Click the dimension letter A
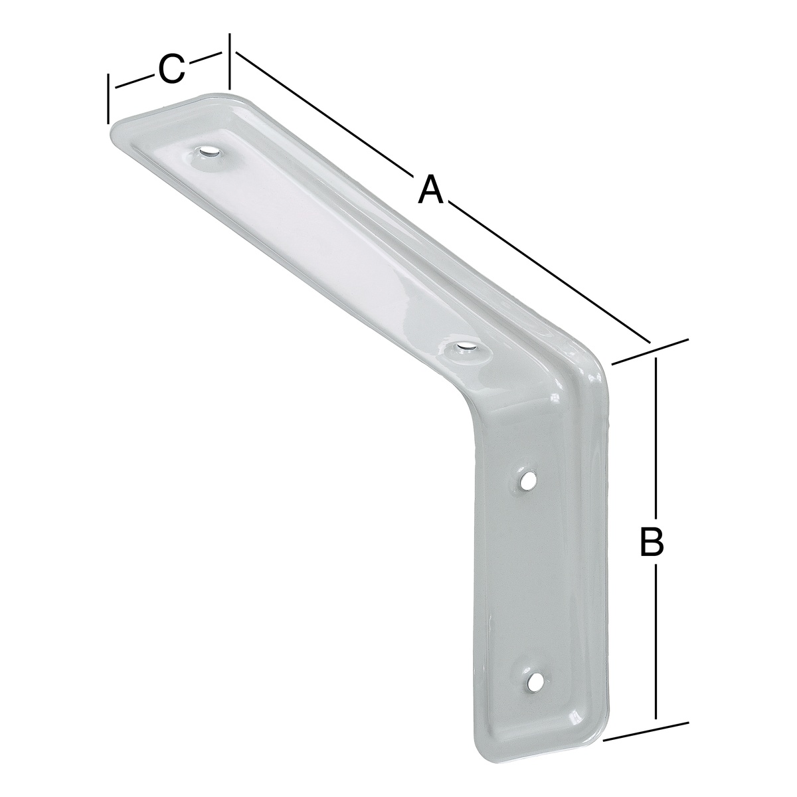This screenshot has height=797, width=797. [430, 189]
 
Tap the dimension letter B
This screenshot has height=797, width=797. [652, 541]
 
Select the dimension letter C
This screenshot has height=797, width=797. [171, 68]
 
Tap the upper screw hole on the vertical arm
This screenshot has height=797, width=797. [526, 481]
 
